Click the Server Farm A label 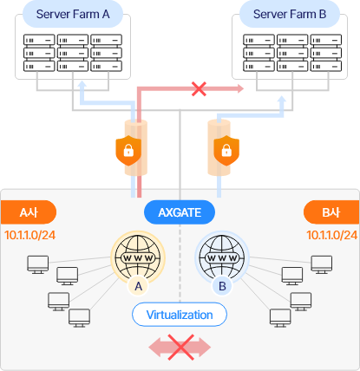pos(73,14)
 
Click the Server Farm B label pos(290,14)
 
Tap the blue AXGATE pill pos(180,212)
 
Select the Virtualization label pos(180,315)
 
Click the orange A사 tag pos(29,212)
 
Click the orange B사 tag pos(331,212)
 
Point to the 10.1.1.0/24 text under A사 pos(30,235)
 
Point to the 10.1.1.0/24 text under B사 pos(332,235)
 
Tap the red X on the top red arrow pos(199,88)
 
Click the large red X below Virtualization pos(180,348)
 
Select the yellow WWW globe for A pos(138,257)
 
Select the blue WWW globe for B pos(222,257)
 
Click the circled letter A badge pos(139,286)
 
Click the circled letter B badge pos(222,286)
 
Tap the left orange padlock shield pos(128,150)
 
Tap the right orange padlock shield pos(226,150)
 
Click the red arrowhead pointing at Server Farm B pos(240,88)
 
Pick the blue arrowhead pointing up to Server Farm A pos(82,84)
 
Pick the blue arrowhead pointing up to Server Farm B pos(281,100)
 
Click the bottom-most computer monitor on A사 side pos(79,318)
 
